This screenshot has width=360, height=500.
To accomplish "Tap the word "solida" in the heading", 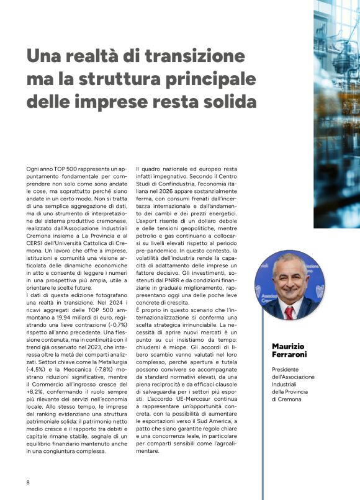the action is (214, 100).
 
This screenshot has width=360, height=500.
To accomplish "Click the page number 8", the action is (28, 482).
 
